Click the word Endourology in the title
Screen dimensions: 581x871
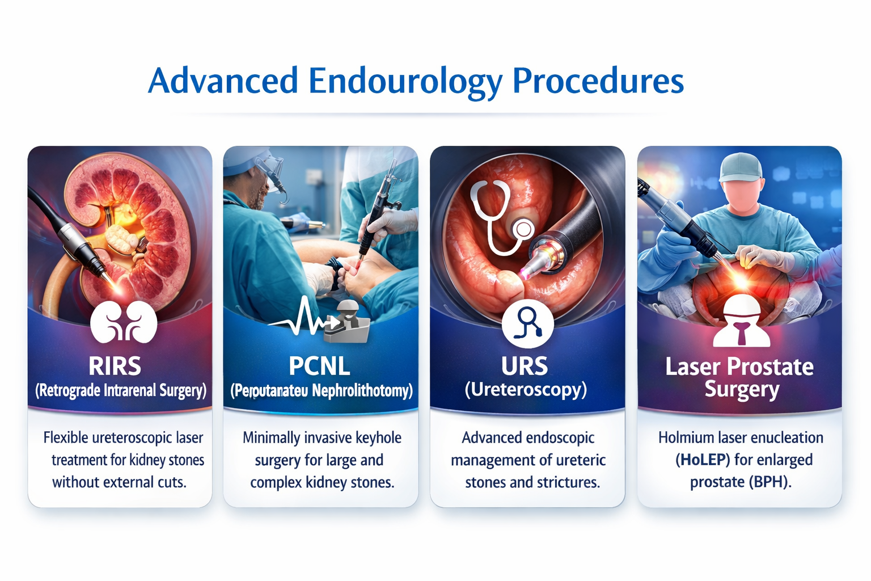coord(405,81)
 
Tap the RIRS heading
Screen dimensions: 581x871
coord(115,367)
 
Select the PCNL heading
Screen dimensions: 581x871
coord(319,367)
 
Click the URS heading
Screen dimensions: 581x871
coord(525,367)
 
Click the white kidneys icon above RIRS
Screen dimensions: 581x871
coord(123,323)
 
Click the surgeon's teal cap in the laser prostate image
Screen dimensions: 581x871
coord(740,166)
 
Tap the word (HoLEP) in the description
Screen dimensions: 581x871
coord(702,460)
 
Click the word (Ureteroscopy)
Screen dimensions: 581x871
coord(526,390)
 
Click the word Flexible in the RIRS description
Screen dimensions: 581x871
coord(66,438)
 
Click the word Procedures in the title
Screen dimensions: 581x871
coord(598,81)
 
